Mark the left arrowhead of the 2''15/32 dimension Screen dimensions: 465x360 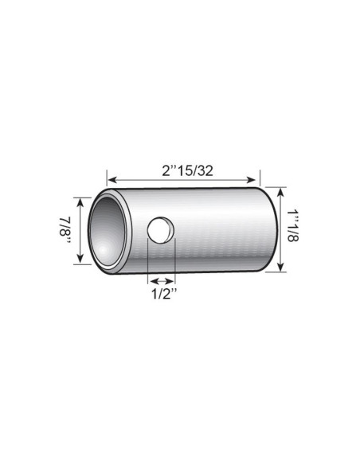pyautogui.click(x=111, y=181)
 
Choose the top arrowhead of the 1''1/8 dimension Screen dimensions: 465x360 pyautogui.click(x=281, y=190)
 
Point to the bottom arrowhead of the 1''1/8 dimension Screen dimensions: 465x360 pyautogui.click(x=281, y=268)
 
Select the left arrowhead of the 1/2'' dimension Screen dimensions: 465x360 pyautogui.click(x=152, y=281)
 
